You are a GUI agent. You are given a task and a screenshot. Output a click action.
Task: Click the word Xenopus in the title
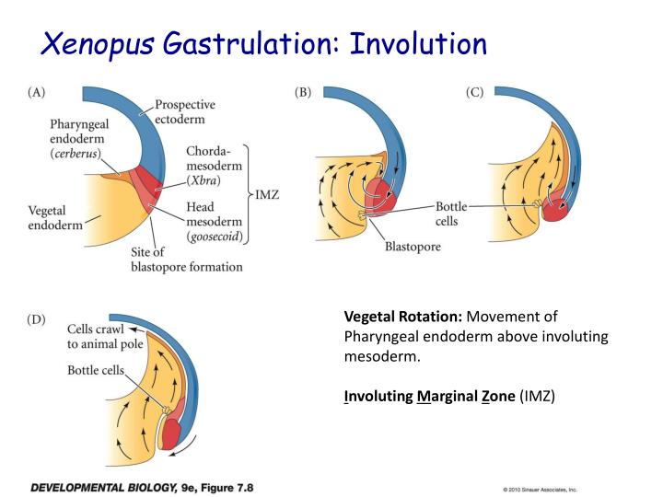(x=102, y=43)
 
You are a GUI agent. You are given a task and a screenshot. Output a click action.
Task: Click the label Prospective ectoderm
(x=185, y=112)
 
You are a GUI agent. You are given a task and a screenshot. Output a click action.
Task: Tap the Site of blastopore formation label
(x=186, y=260)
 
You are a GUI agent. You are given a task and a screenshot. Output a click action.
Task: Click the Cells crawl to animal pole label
(x=98, y=336)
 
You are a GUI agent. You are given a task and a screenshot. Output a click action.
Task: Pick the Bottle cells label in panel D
(x=95, y=370)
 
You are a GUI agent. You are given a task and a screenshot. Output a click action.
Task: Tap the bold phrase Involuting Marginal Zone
(x=428, y=396)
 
